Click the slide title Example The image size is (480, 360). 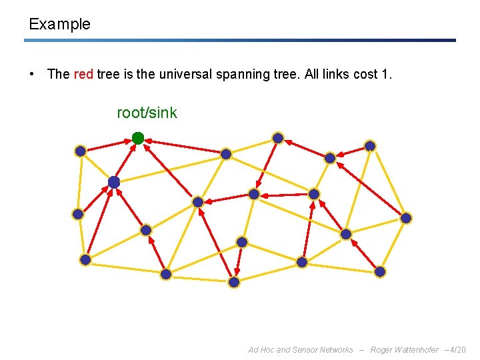pos(59,25)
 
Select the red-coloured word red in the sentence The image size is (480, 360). pos(83,74)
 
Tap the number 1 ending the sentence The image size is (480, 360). pos(386,74)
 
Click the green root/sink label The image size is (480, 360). pos(147,113)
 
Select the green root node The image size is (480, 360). pos(138,138)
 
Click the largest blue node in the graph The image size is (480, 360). pos(114,182)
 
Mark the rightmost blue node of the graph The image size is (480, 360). pos(406,218)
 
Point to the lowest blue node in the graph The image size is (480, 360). pos(234,282)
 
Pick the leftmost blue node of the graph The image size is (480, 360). pos(78,214)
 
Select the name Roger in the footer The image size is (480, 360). pos(383,350)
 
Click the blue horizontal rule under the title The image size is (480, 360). pos(240,40)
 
